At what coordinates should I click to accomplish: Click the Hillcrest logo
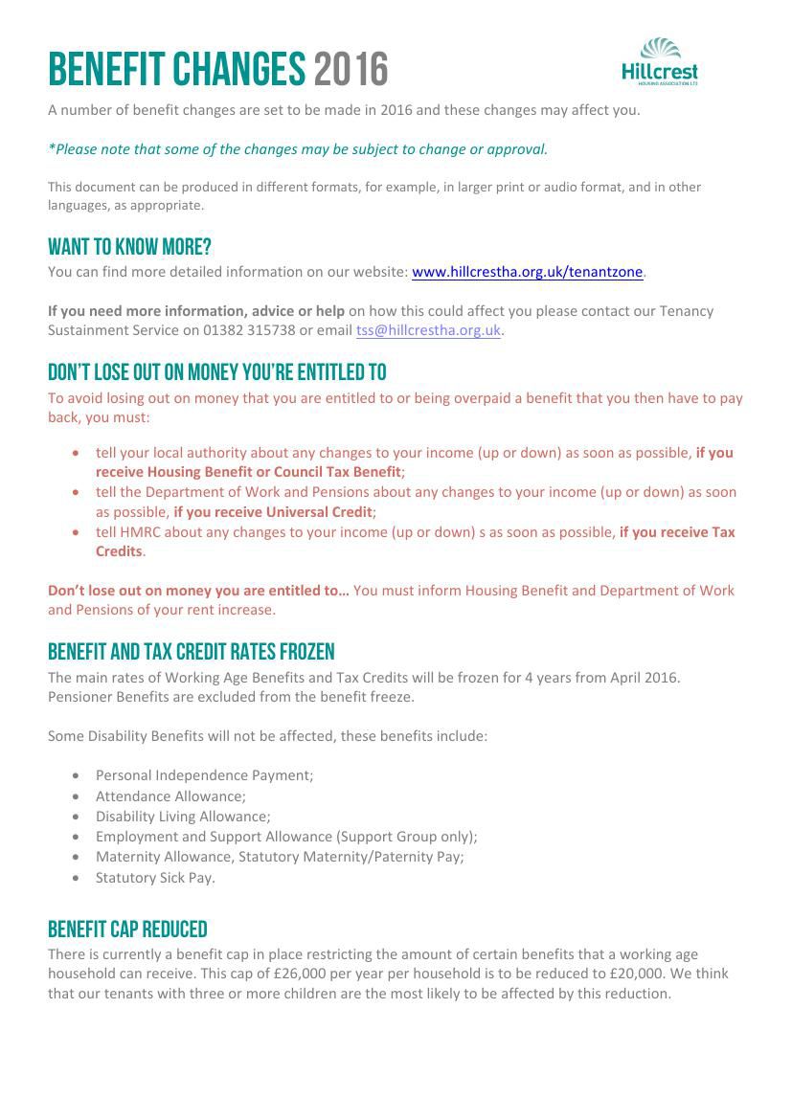click(660, 62)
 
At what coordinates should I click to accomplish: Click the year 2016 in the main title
click(351, 70)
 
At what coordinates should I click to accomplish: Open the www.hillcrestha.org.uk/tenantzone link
click(527, 272)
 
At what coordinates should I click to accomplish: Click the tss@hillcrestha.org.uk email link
click(428, 330)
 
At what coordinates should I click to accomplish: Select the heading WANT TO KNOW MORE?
click(129, 247)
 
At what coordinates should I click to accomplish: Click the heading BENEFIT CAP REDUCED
click(127, 930)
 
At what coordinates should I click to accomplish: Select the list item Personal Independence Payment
click(204, 775)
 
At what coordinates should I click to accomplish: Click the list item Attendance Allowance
click(170, 796)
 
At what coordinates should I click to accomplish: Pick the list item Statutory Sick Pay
click(155, 878)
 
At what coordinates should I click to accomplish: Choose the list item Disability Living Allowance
click(183, 817)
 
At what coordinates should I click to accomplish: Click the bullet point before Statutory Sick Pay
click(76, 878)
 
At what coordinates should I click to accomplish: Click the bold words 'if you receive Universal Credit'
click(272, 512)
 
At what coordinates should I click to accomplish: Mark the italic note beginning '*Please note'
click(298, 149)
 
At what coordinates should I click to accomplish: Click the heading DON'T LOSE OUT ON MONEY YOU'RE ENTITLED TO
click(217, 372)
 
